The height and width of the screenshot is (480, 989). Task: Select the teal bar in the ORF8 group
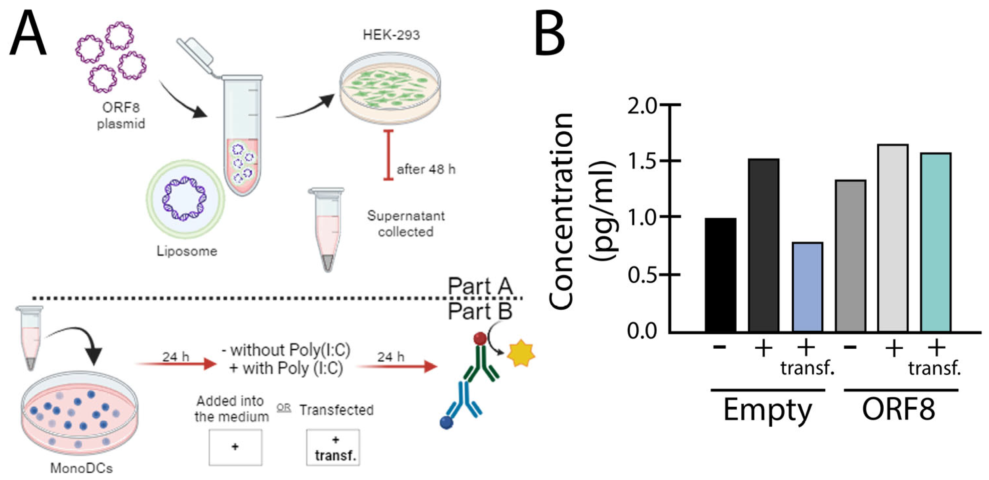point(935,242)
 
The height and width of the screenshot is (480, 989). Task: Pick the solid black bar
point(720,274)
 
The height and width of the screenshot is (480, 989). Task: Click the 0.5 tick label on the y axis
point(642,275)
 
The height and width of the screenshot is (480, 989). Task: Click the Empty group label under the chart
point(768,410)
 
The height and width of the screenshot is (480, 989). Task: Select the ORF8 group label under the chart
point(898,409)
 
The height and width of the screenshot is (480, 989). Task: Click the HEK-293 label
point(391,35)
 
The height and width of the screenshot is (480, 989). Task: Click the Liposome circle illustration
point(185,199)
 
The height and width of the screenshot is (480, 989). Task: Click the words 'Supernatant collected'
point(406,224)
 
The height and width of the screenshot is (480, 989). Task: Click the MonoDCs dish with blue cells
point(79,413)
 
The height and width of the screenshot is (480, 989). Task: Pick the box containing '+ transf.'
point(333,447)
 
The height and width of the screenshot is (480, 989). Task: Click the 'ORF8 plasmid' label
point(120,115)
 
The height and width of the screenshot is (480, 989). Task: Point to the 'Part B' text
point(480,311)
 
